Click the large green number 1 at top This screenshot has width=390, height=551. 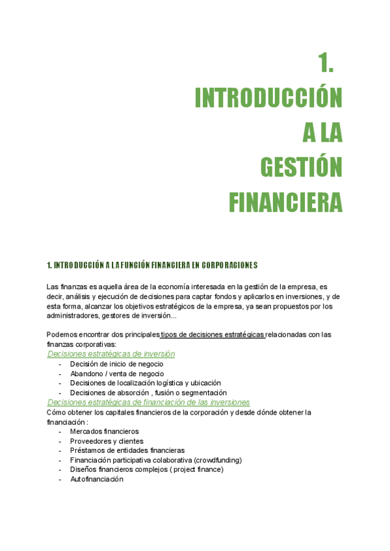coord(326,63)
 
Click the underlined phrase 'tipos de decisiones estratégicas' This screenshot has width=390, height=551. coord(213,335)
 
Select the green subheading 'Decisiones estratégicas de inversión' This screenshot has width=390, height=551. coord(111,354)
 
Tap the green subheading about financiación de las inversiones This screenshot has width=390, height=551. coord(148,403)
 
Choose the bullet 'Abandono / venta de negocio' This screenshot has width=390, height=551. coord(117,374)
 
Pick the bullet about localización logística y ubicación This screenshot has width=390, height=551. coord(146,383)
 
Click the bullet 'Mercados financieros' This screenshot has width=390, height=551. coord(104,431)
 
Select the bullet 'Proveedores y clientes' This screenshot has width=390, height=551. coord(107,441)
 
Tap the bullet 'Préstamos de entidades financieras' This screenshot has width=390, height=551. coord(127,450)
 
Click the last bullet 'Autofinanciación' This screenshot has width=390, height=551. coord(96,479)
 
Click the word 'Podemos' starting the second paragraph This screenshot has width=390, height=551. coord(62,335)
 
